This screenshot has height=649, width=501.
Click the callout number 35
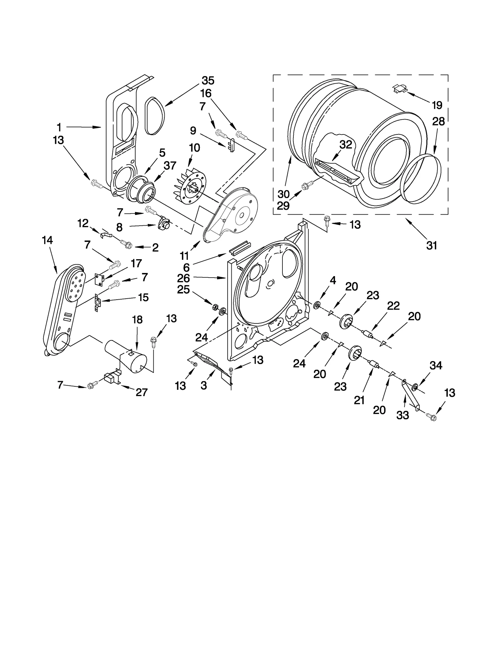[208, 81]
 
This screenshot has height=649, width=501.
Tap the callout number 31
[431, 246]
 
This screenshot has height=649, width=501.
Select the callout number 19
[437, 105]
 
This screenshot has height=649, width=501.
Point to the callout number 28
[438, 122]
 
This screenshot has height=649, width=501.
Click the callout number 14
[47, 240]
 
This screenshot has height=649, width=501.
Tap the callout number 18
[137, 320]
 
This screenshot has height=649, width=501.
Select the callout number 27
[142, 392]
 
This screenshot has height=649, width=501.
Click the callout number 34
[436, 365]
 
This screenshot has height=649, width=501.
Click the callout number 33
[403, 415]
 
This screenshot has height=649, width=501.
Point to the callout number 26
[183, 278]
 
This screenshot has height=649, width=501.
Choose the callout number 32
[346, 144]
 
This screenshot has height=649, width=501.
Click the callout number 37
[170, 165]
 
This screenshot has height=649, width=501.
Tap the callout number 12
[83, 223]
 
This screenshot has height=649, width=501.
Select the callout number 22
[393, 306]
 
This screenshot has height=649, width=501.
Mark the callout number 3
[204, 385]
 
